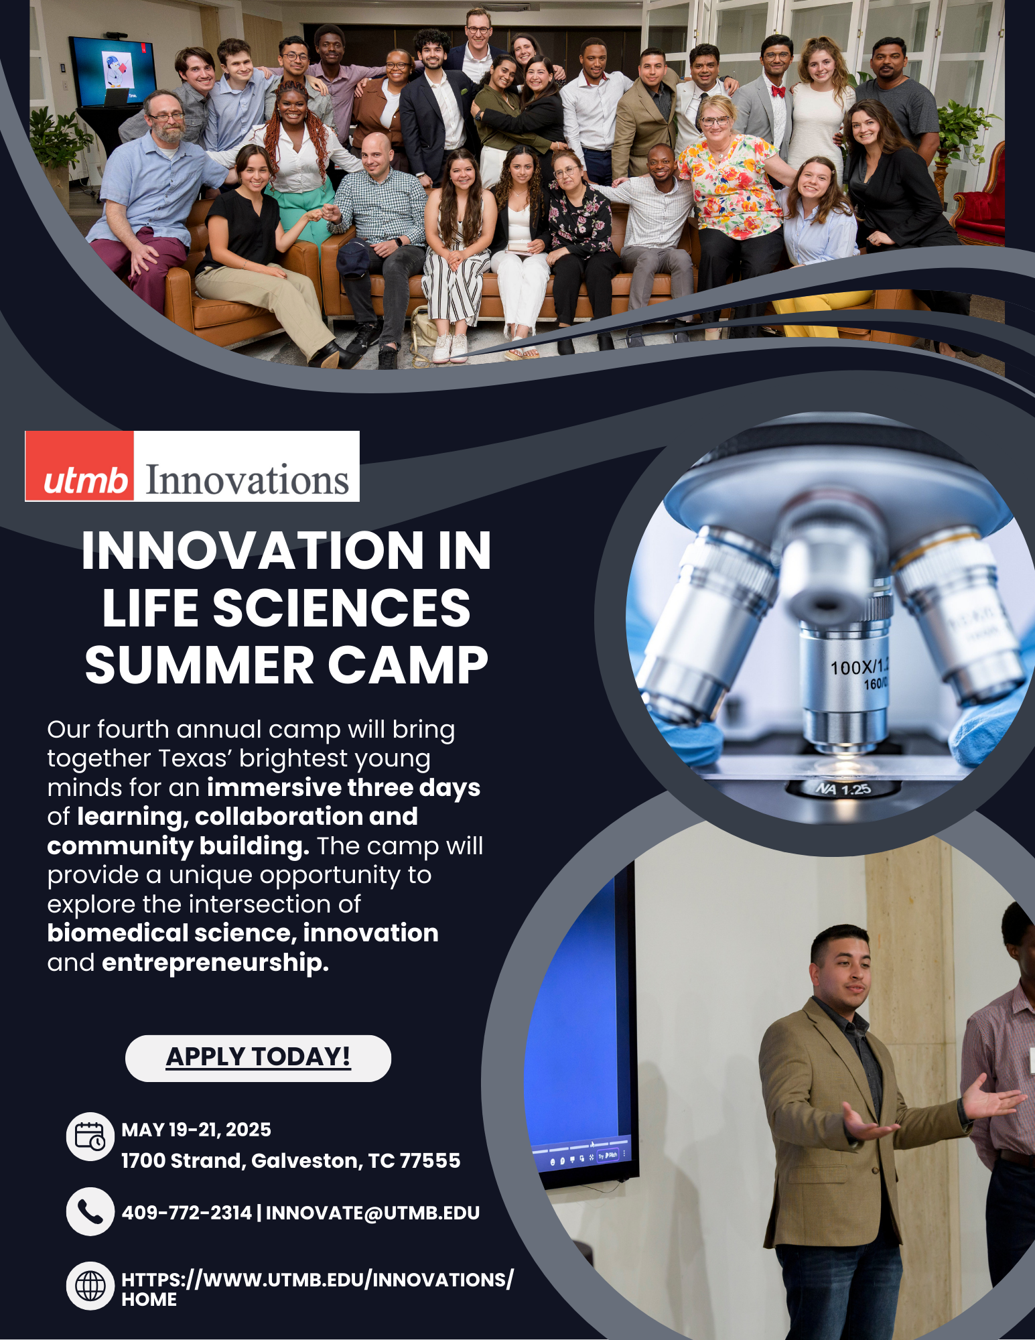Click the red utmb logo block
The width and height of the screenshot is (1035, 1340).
pyautogui.click(x=80, y=466)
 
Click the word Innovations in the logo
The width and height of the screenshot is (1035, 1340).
pyautogui.click(x=247, y=479)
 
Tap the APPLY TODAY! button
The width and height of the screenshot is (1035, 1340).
pyautogui.click(x=258, y=1058)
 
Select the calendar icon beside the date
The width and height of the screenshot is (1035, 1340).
pyautogui.click(x=90, y=1136)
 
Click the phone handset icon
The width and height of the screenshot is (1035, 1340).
pyautogui.click(x=90, y=1211)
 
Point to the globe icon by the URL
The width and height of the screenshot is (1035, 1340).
pyautogui.click(x=90, y=1286)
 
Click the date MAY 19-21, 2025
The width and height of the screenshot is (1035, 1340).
pyautogui.click(x=196, y=1130)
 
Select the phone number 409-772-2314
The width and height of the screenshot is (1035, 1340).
pyautogui.click(x=186, y=1213)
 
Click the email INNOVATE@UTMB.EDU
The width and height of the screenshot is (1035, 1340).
pyautogui.click(x=372, y=1213)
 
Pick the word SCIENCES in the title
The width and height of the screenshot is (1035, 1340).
pyautogui.click(x=342, y=608)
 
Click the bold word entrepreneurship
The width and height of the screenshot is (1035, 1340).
pyautogui.click(x=215, y=963)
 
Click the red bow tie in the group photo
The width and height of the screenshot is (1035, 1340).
pyautogui.click(x=778, y=90)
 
